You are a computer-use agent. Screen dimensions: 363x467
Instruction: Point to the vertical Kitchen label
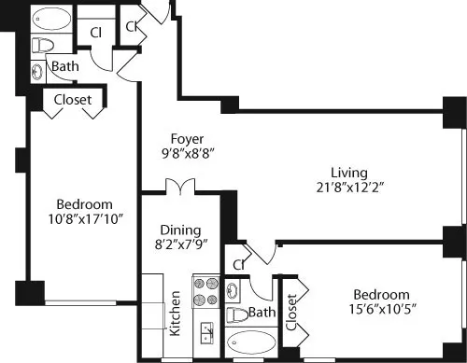(175, 314)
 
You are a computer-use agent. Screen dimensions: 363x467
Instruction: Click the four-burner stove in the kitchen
(205, 291)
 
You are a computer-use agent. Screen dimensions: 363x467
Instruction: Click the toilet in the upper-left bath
(42, 45)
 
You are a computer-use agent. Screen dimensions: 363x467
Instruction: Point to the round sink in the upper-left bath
(37, 70)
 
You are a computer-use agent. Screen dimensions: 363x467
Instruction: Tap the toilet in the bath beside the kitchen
(239, 314)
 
